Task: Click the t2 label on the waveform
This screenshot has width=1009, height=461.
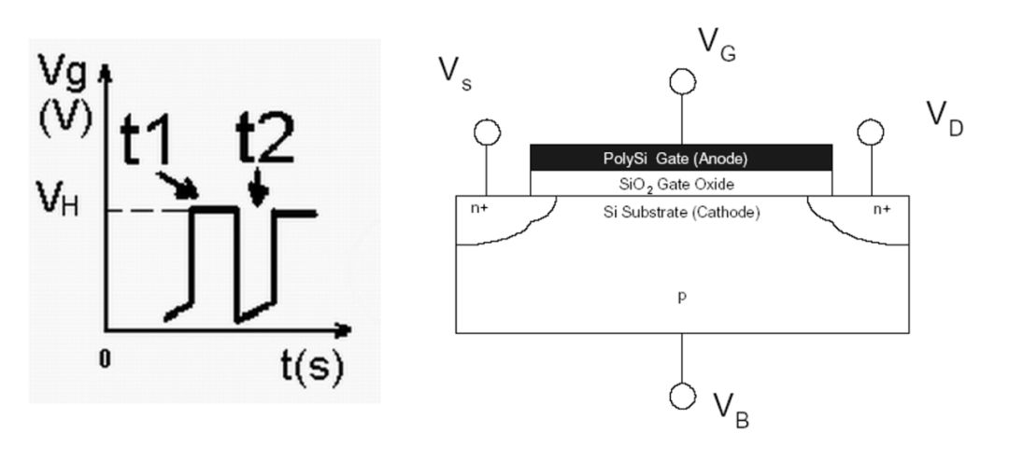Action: pos(265,140)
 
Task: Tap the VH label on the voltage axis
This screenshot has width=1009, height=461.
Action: pos(58,199)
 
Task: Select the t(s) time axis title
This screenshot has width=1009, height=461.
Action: pos(311,368)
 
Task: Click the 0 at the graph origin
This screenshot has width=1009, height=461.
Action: pos(105,359)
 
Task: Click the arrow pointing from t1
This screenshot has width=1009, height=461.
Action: pos(178,186)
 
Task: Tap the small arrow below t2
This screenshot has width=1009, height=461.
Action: pos(258,188)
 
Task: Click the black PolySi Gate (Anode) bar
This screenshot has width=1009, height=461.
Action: pos(681,158)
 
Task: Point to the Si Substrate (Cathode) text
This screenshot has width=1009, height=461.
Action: pos(681,212)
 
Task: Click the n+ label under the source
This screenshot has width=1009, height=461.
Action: pos(478,208)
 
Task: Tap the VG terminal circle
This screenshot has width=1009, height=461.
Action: pos(681,82)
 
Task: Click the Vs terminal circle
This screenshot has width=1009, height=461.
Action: pos(487,133)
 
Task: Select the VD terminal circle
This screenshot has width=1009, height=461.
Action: pos(871,133)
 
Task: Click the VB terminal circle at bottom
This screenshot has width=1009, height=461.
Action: pos(682,396)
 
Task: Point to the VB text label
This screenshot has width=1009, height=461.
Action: pos(732,411)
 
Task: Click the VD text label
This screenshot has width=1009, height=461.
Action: pos(945,119)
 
